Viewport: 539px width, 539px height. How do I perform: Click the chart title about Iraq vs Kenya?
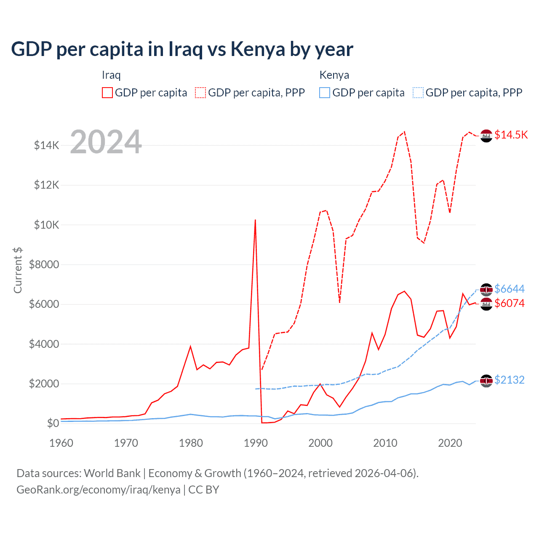(x=182, y=49)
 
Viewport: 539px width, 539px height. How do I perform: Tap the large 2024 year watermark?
(x=106, y=142)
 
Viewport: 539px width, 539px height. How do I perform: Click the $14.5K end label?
(x=511, y=135)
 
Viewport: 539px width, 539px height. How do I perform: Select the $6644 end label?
(x=509, y=289)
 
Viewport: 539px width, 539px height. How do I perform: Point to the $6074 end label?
(x=509, y=303)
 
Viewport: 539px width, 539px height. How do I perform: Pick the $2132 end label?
(x=509, y=380)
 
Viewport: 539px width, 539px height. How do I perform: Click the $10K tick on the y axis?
(x=46, y=225)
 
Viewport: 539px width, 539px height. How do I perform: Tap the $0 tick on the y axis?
(x=52, y=423)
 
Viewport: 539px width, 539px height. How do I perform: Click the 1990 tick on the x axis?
(x=256, y=443)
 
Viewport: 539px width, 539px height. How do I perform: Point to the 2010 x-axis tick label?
(x=385, y=443)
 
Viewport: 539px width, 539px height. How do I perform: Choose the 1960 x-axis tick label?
(x=61, y=443)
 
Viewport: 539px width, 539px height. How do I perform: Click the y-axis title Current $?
(x=18, y=270)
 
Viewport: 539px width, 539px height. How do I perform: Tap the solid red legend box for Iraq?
(x=107, y=93)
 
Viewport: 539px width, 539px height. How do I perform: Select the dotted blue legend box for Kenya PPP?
(x=418, y=93)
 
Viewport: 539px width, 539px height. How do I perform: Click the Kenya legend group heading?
(x=334, y=75)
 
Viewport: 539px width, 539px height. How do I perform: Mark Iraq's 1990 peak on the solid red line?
(x=255, y=220)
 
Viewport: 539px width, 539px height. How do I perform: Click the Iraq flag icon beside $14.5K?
(x=486, y=136)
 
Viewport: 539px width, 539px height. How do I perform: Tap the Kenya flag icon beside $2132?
(x=486, y=381)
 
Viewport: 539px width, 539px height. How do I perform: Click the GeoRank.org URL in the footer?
(x=99, y=490)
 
